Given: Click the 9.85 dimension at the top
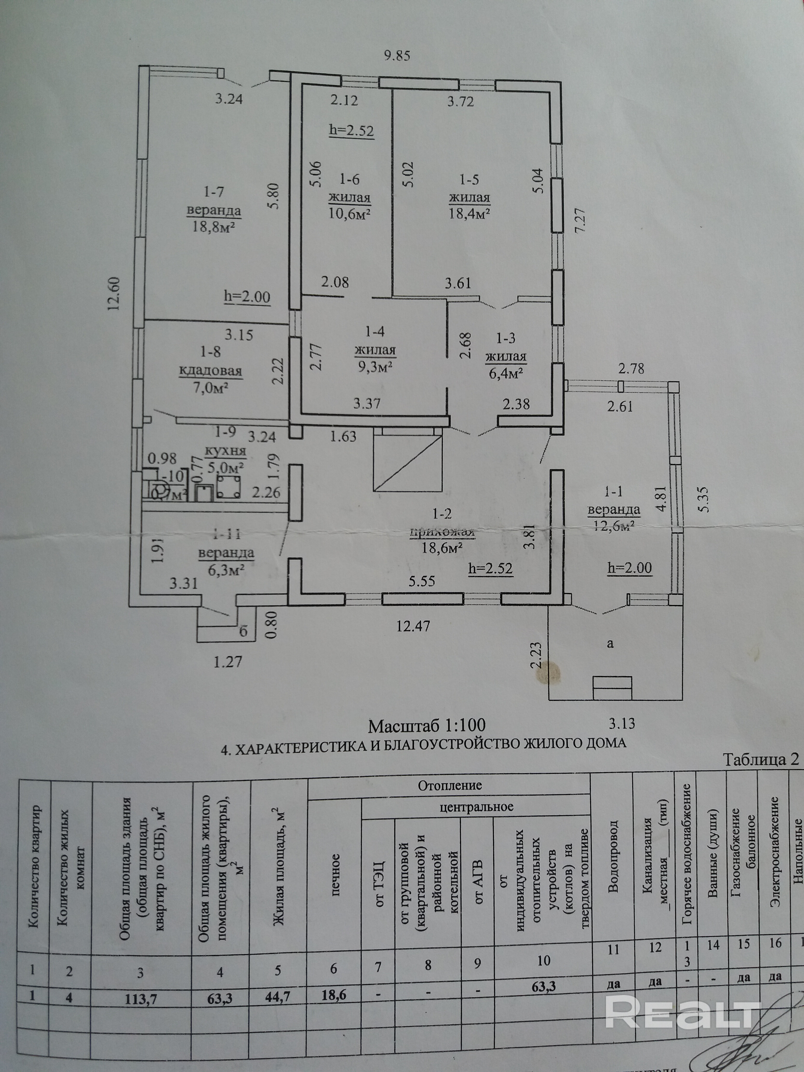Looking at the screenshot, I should point(397,56).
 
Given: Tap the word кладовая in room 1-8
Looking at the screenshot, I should point(211,371).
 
